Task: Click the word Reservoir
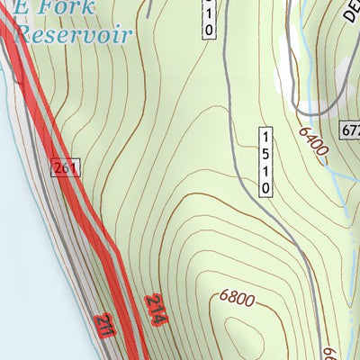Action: click(x=75, y=36)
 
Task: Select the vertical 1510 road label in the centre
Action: click(x=265, y=160)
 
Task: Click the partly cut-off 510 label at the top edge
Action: click(x=210, y=18)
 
